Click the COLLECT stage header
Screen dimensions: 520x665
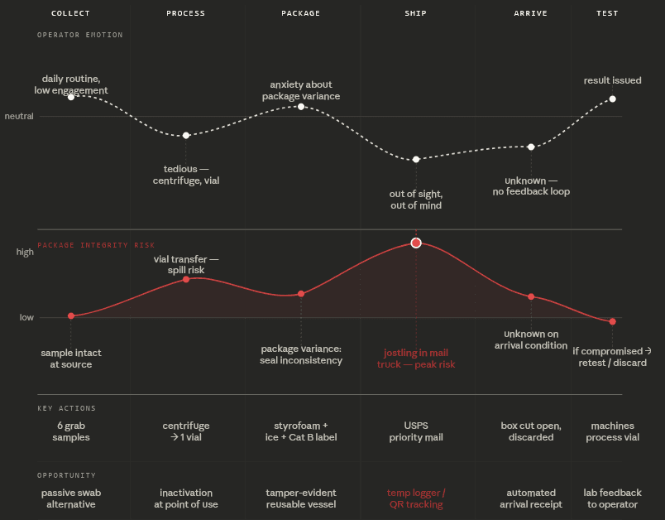(x=70, y=13)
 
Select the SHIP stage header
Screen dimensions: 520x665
(x=415, y=13)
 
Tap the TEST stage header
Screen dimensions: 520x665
(x=607, y=13)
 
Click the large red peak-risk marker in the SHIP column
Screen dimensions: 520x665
(x=416, y=243)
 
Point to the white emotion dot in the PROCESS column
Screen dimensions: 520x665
(x=186, y=135)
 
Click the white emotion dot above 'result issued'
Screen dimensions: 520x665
(x=613, y=99)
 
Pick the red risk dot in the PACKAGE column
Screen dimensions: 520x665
(x=301, y=294)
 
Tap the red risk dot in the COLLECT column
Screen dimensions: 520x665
(x=71, y=315)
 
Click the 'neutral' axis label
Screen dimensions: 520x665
(x=19, y=116)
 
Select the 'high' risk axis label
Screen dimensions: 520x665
(x=25, y=252)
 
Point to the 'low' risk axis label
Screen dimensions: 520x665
(x=26, y=317)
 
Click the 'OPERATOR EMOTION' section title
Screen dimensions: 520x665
(x=79, y=35)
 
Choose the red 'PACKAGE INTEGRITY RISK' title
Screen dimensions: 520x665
(x=96, y=245)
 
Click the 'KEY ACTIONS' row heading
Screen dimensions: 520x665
(x=66, y=408)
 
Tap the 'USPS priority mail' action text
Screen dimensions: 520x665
(x=415, y=431)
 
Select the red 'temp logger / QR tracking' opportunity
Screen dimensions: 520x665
(x=415, y=498)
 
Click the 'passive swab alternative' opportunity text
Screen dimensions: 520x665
(x=71, y=498)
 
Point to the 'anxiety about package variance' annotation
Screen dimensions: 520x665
(x=301, y=90)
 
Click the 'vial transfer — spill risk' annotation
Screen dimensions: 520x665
(x=186, y=264)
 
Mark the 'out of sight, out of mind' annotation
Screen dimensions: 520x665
(x=415, y=200)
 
